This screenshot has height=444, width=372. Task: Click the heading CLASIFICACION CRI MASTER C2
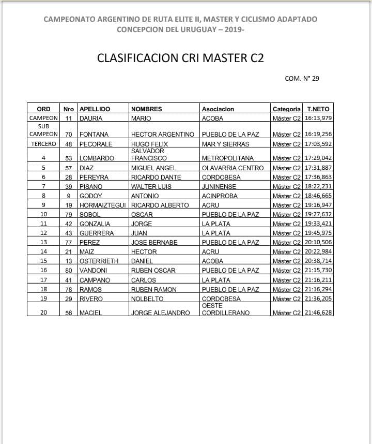point(180,57)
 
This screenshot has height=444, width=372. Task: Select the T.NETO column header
point(318,109)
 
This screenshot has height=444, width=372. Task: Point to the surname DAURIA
point(91,119)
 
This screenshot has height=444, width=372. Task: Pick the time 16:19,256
point(318,135)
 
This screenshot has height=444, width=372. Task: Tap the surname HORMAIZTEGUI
point(103,205)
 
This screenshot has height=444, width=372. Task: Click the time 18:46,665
point(318,196)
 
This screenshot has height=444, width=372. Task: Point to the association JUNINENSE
point(219,187)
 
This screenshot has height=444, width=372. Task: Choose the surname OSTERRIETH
point(100,261)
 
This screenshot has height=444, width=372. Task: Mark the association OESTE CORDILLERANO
point(225,309)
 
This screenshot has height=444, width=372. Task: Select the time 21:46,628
point(318,313)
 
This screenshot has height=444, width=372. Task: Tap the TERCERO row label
point(43,144)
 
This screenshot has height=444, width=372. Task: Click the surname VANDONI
point(94,271)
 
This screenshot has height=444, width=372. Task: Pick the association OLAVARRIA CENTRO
point(233,168)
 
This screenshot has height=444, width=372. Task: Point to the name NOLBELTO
point(147,299)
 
